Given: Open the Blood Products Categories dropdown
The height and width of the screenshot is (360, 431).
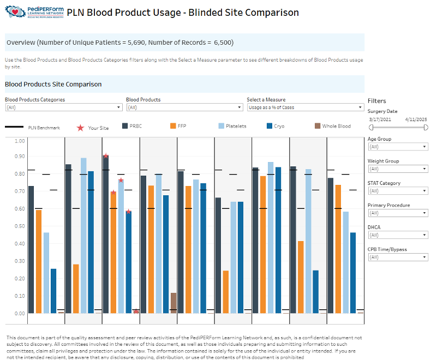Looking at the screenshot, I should coord(63,107).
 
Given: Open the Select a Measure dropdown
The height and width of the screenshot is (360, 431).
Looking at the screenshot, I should coord(305,107).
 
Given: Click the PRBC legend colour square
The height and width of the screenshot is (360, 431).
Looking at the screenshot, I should coord(125,127).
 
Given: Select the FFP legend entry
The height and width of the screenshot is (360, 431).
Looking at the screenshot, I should coord(178,127).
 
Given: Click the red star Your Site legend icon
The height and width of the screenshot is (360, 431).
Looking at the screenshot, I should coord(80,128).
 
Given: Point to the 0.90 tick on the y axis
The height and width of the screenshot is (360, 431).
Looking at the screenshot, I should coord(20,157).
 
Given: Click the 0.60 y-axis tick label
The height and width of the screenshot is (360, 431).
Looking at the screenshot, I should coord(20,208).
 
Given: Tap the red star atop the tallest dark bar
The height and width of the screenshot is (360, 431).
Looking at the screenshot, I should coord(106,156).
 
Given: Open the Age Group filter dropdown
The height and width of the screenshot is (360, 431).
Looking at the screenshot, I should coord(397,147).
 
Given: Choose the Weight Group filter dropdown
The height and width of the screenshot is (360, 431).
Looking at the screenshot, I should coord(397,169).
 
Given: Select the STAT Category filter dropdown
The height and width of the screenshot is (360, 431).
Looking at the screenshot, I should coord(397,191).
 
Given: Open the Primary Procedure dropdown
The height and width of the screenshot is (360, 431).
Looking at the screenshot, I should coord(397,213).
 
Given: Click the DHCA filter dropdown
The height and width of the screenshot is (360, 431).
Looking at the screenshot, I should coord(397,235).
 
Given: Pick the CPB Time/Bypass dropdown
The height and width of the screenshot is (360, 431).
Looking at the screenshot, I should coord(397,257).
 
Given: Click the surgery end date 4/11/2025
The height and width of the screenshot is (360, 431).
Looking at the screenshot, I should coord(416,118).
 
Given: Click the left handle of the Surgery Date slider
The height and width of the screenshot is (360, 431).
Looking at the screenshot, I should coord(371,127).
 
